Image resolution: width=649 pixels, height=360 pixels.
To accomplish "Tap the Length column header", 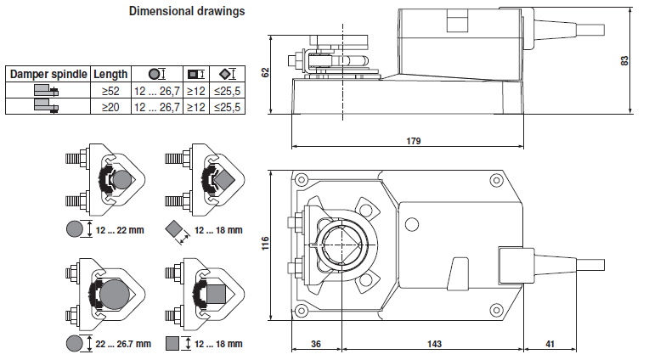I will click(110, 74).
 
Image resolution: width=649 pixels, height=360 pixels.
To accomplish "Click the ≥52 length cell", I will click(110, 91).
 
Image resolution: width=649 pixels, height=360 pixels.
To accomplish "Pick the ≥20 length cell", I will click(110, 107).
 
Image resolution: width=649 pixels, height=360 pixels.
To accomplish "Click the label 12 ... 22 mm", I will click(121, 230).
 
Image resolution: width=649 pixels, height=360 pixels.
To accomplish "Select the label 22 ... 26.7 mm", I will click(123, 344).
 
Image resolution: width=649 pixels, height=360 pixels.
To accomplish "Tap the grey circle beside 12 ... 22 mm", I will click(75, 229).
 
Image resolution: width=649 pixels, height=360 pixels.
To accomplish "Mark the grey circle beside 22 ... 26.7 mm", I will click(75, 343).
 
